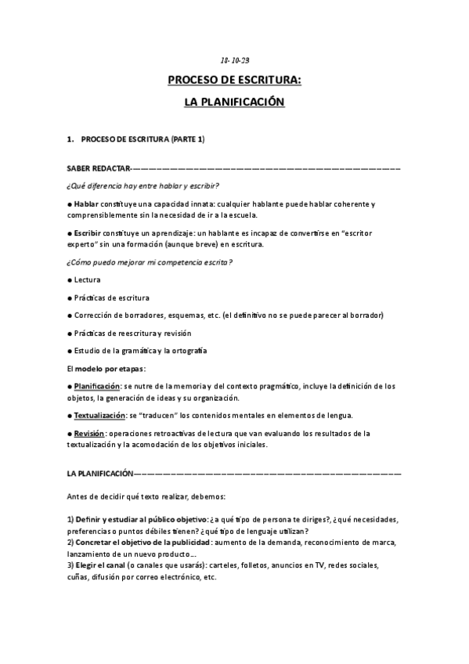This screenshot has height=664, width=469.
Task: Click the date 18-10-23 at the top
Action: click(234, 60)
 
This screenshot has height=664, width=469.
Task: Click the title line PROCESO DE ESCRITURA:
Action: click(234, 80)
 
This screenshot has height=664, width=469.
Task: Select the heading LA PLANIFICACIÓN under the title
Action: click(234, 102)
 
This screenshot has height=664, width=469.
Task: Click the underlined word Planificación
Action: click(96, 386)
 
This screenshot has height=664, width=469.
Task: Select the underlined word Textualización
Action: click(99, 415)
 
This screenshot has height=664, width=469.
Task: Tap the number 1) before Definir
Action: click(70, 520)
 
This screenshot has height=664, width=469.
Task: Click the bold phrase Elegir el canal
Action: click(106, 565)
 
